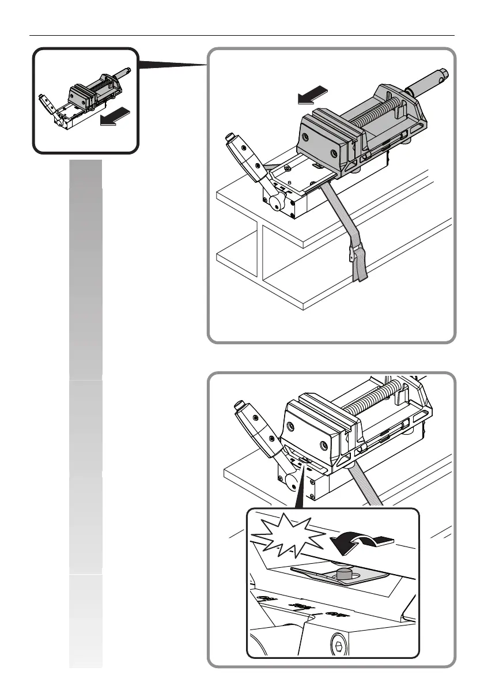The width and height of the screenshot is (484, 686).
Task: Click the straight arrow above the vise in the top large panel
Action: tap(313, 95)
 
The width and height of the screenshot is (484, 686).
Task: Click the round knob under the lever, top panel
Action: tap(275, 202)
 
